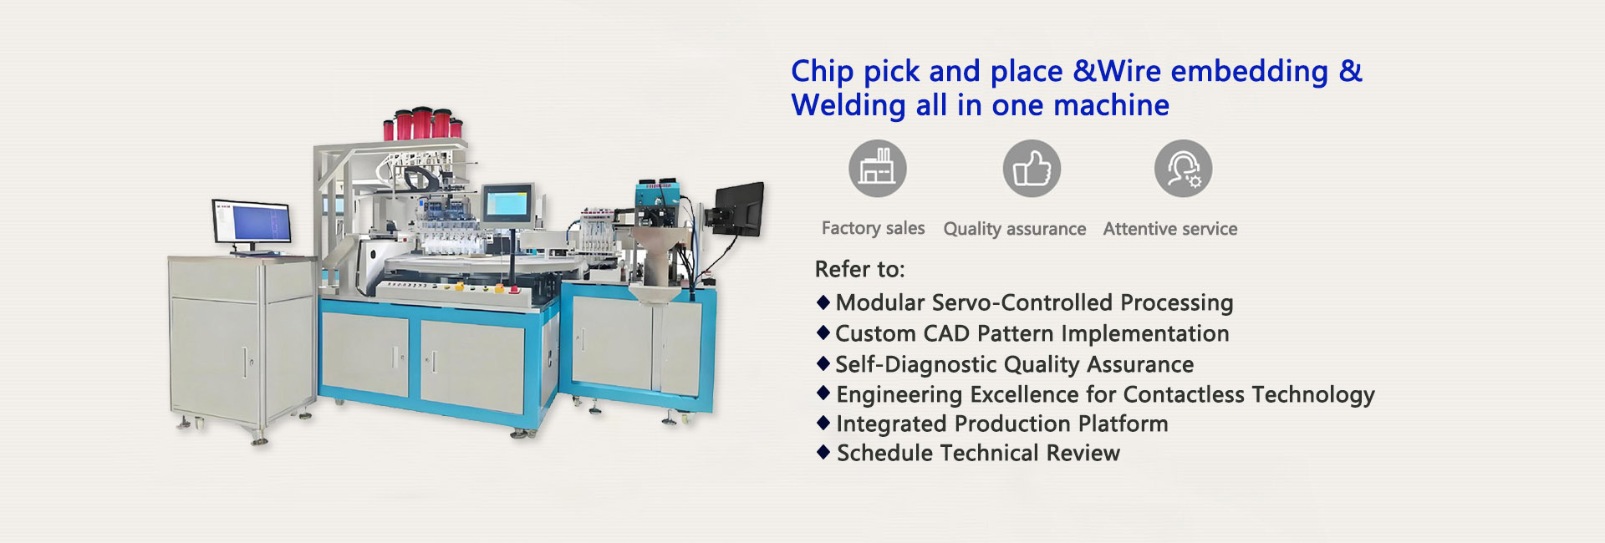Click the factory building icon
(877, 168)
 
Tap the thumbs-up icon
(1032, 168)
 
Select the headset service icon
(1183, 168)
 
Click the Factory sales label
(873, 228)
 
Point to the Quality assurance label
(1015, 229)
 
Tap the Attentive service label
(1170, 229)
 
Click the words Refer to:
(859, 269)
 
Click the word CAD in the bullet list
(946, 333)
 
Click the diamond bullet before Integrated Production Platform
(823, 423)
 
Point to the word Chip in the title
(823, 72)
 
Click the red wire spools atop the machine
(423, 124)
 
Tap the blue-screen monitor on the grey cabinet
(252, 224)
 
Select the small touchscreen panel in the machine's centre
(507, 203)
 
